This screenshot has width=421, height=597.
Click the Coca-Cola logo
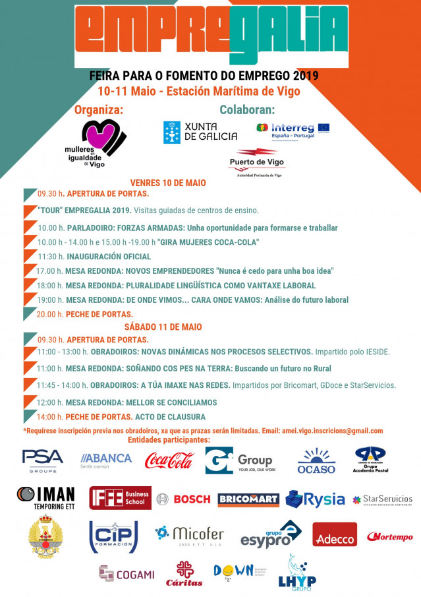coord(169,460)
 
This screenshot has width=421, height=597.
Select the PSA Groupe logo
coord(42,460)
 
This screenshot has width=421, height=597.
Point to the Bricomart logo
coord(248,499)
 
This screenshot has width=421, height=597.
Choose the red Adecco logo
coord(335,534)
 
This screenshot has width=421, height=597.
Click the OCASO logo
coord(316,460)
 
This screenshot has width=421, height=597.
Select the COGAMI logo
coord(126,574)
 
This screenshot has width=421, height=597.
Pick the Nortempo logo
coord(390,536)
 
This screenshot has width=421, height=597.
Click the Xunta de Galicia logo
coord(200,132)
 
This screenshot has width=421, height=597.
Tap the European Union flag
coord(323,127)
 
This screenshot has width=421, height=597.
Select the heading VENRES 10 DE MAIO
coord(168,183)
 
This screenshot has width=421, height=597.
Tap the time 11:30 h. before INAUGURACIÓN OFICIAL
coord(51,257)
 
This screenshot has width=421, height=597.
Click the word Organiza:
coord(99,110)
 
